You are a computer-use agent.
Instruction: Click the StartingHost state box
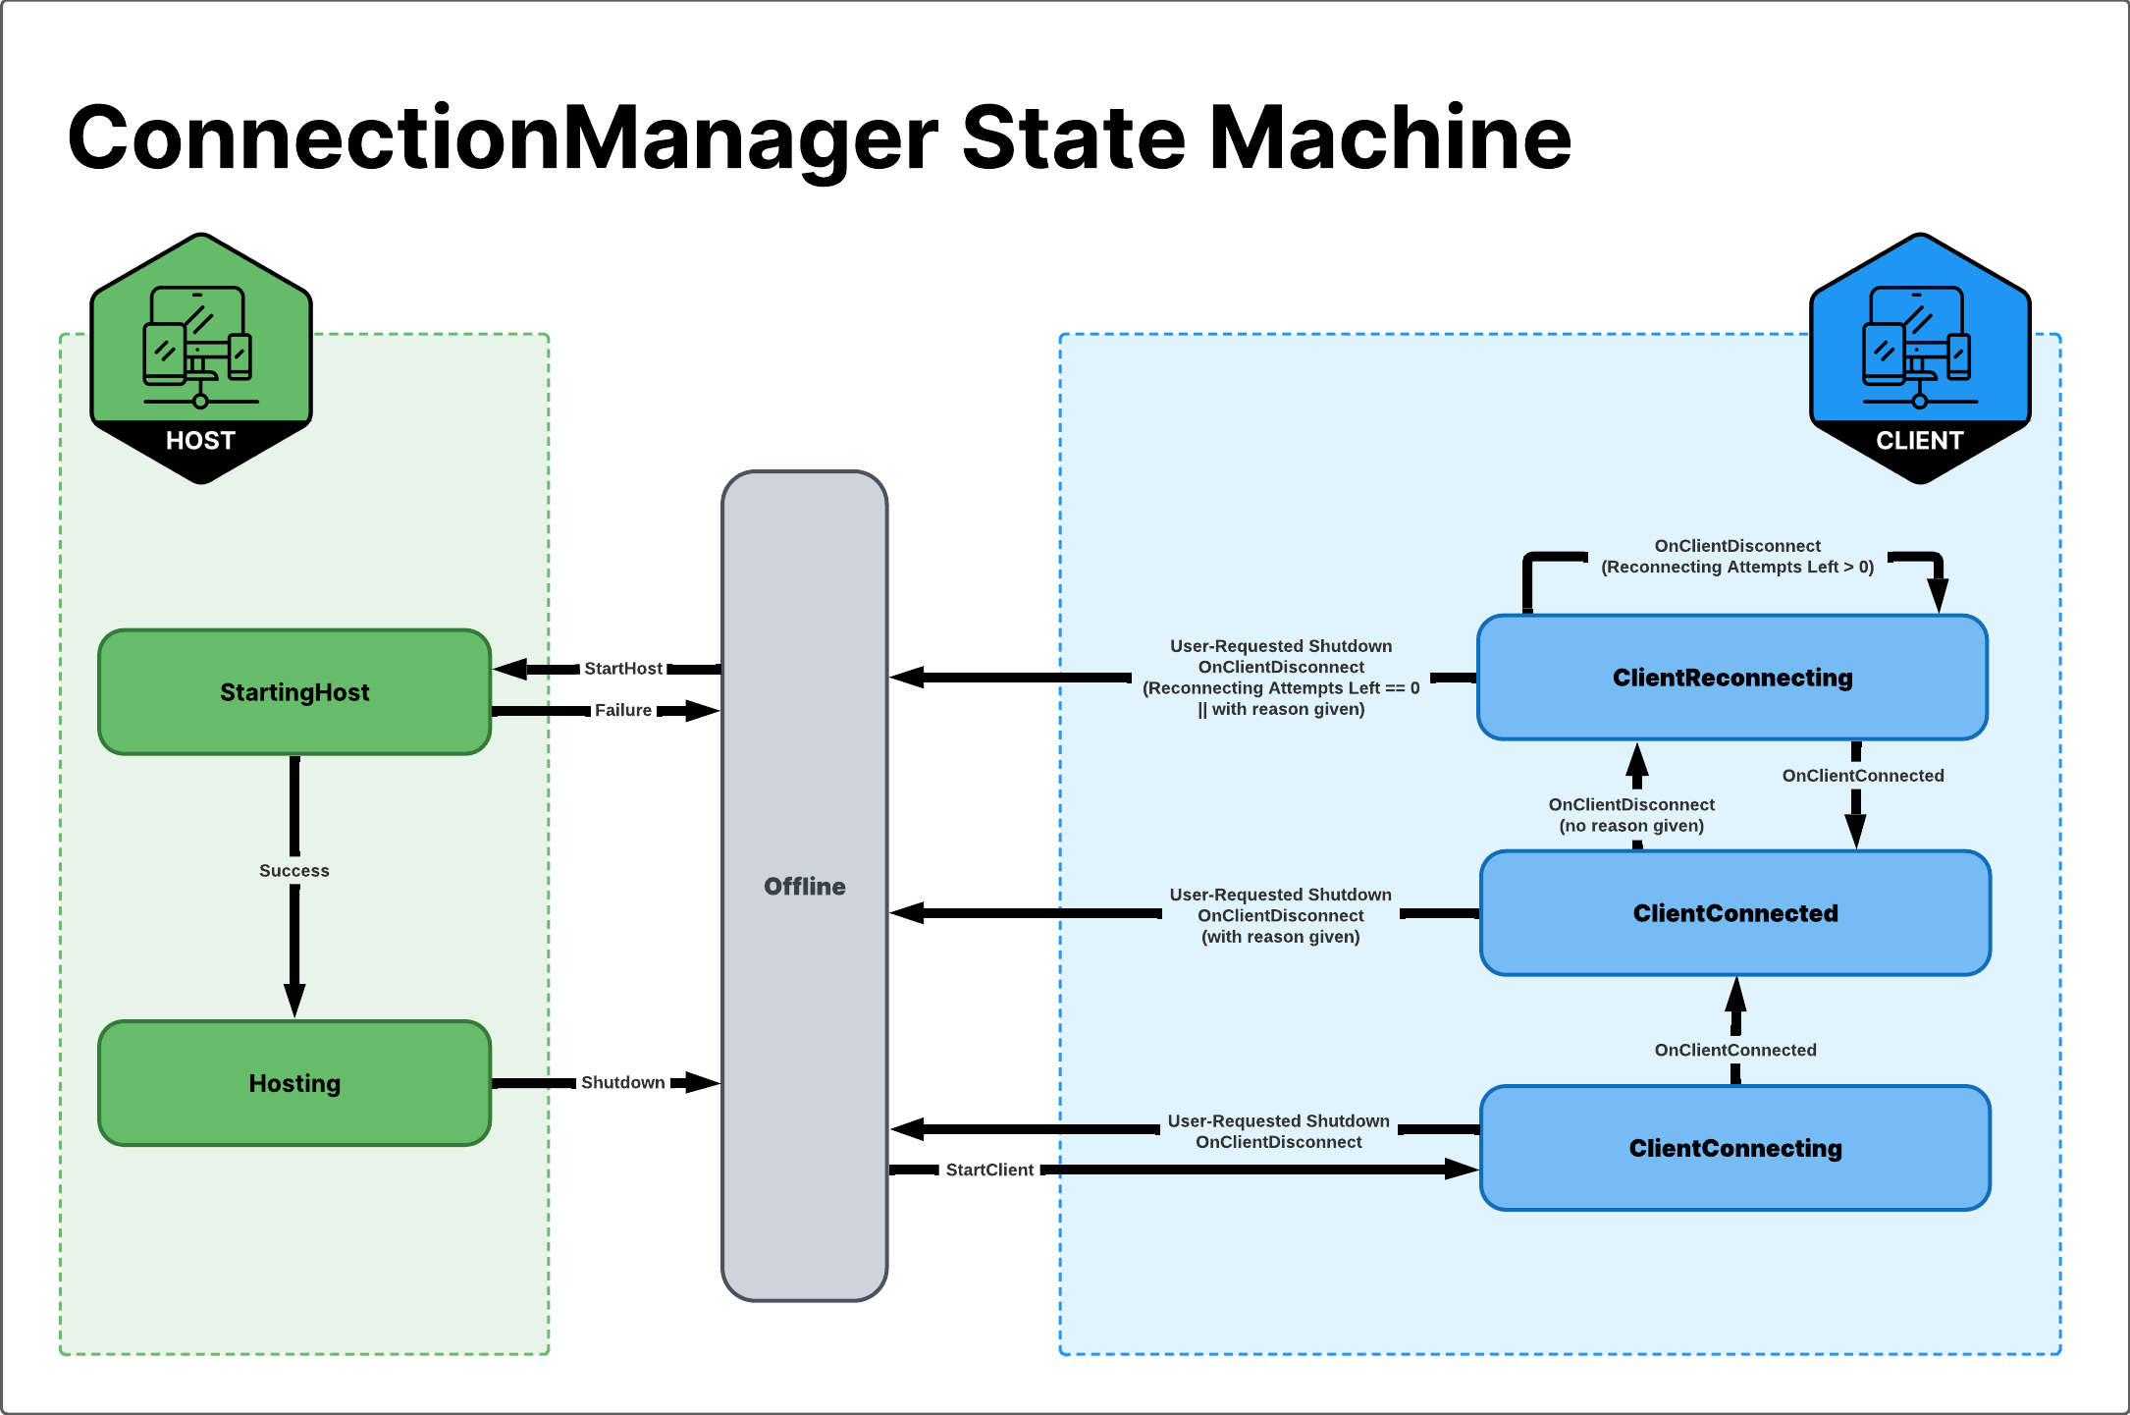click(x=294, y=692)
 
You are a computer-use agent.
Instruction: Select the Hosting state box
click(x=294, y=1083)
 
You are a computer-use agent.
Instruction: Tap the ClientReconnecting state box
click(x=1732, y=678)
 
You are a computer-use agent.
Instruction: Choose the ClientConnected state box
click(x=1734, y=913)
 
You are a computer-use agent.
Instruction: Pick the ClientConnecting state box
click(x=1734, y=1148)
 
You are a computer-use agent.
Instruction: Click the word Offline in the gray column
click(x=805, y=887)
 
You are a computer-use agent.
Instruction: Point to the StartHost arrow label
click(x=623, y=669)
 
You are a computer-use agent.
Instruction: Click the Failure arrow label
click(x=623, y=710)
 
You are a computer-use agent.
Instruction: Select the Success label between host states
click(x=294, y=871)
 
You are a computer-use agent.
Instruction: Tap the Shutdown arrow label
click(x=623, y=1083)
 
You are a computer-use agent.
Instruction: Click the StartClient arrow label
click(x=989, y=1170)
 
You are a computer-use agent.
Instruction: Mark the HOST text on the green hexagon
click(x=200, y=441)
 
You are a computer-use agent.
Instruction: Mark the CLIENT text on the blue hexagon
click(x=1919, y=441)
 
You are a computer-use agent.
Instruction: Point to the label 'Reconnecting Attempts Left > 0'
click(x=1737, y=568)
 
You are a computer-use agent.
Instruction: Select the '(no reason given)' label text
click(x=1631, y=826)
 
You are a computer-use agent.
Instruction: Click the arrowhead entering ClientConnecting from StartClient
click(x=1463, y=1170)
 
